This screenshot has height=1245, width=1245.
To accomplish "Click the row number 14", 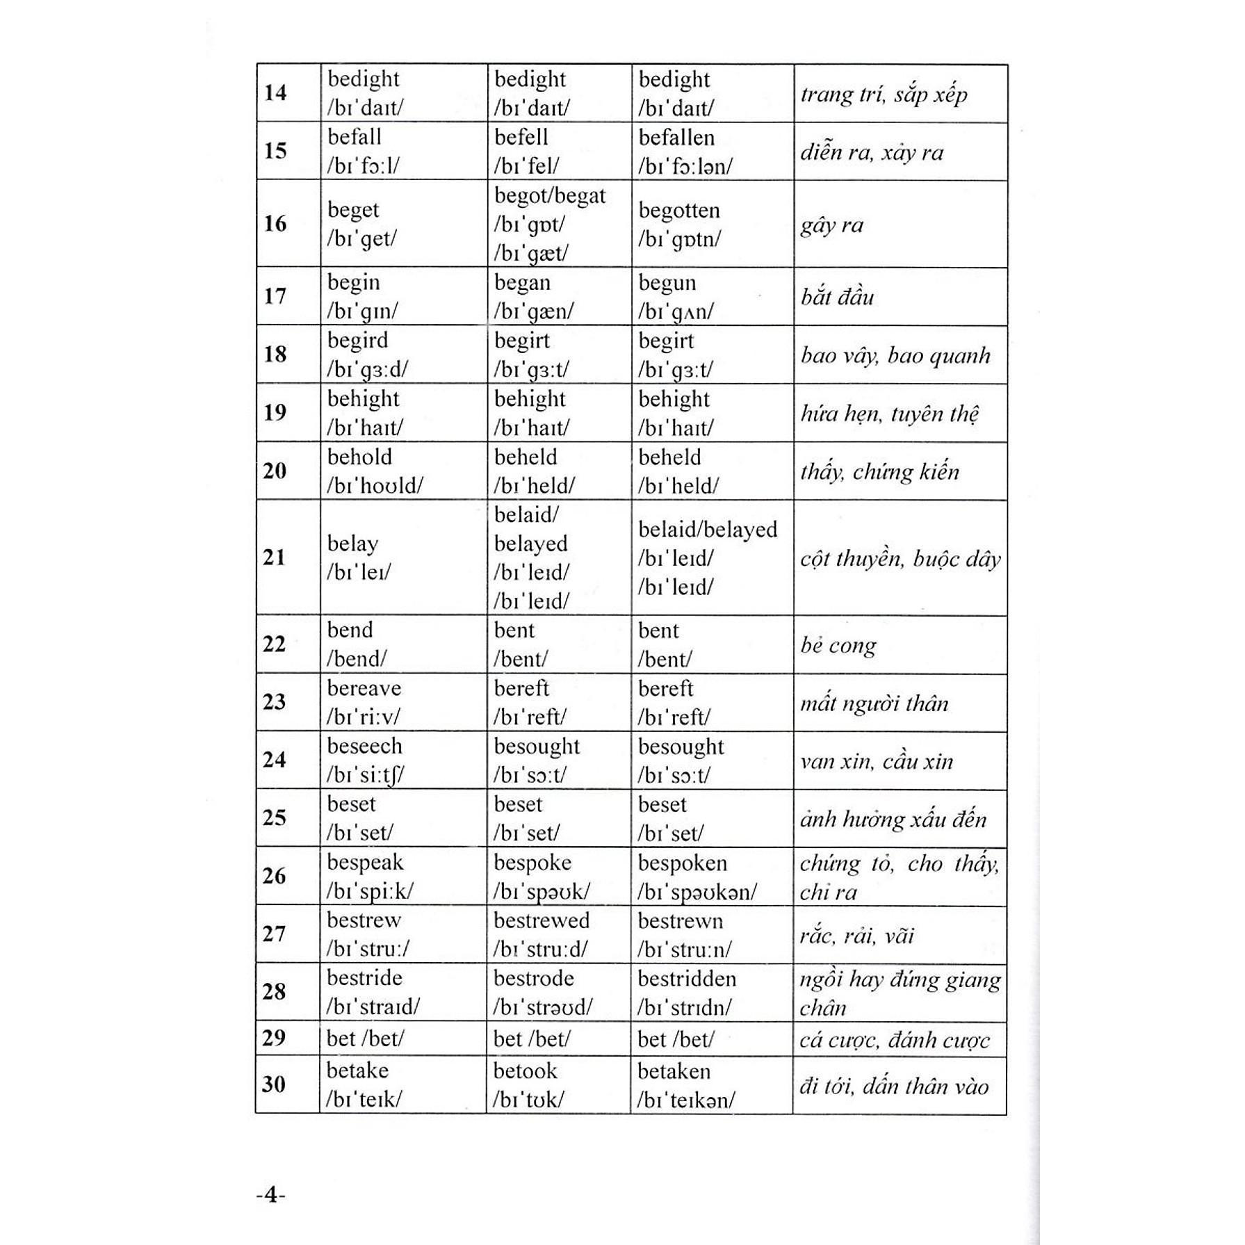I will (275, 92).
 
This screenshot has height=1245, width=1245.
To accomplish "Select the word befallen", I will (676, 138).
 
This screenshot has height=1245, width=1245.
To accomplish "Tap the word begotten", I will (679, 210).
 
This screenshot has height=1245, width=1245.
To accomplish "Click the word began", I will (522, 283).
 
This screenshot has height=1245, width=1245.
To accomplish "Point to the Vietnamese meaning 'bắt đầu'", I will (837, 298).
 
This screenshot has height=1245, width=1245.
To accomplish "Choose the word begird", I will (358, 341).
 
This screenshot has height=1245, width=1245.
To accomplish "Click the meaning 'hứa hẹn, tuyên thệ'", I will (890, 414).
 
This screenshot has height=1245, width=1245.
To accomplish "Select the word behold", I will (360, 457).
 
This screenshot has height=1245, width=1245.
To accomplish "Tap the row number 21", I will (275, 557).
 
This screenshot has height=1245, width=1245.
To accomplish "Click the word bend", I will (350, 630).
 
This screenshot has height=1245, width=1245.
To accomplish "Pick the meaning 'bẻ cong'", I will (838, 646).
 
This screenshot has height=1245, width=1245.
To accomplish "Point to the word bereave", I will (364, 688).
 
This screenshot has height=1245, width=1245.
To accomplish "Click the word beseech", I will (365, 746).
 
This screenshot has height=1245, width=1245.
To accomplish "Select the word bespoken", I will (683, 863).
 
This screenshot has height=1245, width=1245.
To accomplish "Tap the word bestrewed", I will (542, 920).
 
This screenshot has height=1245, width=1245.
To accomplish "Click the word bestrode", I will (534, 979).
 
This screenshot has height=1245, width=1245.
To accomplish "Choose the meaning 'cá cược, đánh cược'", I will (895, 1040).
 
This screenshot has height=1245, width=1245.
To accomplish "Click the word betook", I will (526, 1071).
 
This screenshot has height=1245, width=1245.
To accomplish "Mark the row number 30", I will (274, 1084).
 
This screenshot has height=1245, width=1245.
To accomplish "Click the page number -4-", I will (271, 1195).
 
